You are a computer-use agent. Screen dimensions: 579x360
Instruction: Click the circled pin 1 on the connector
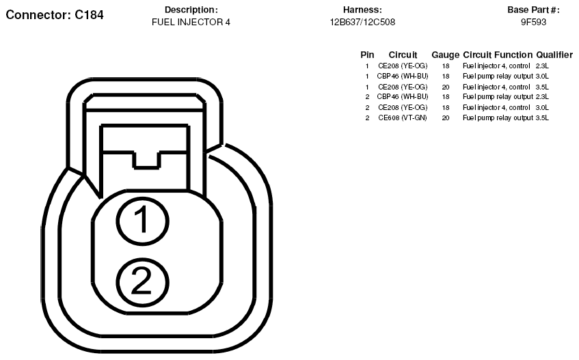(x=143, y=221)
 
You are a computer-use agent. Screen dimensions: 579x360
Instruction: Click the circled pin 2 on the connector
(x=143, y=282)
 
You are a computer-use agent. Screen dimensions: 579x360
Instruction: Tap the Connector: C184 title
(x=55, y=15)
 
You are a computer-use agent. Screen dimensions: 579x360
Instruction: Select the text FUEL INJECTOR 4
(x=191, y=22)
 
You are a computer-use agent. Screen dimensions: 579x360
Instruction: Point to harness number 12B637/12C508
(x=362, y=22)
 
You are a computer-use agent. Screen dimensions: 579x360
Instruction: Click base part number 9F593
(x=533, y=22)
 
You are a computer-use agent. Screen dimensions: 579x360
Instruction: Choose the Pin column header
(x=367, y=55)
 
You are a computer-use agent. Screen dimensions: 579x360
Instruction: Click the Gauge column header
(x=445, y=55)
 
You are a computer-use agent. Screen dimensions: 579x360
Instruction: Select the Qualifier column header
(x=554, y=55)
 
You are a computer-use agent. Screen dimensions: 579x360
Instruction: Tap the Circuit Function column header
(x=498, y=55)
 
